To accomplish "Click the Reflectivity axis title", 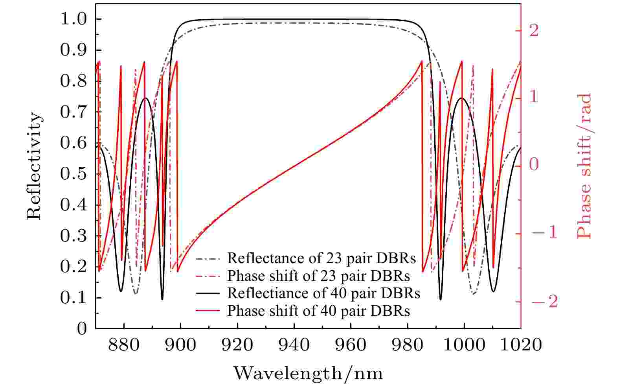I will coord(34,166).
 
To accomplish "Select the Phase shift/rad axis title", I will coord(584,166).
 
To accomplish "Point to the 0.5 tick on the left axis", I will coord(75,174).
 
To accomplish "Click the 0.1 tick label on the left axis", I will coord(75,298).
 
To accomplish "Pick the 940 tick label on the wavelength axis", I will coord(294,345).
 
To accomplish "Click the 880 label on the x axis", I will coord(124,345).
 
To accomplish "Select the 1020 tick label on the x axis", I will coord(520,345).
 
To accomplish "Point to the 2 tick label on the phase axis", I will coord(534,30).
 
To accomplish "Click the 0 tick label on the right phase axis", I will coord(534,166).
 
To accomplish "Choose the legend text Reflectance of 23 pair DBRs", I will coord(321,258).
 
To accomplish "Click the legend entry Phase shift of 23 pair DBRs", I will coord(318,276).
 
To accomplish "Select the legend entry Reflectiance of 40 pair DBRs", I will coord(323,293).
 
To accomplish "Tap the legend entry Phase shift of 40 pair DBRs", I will coord(318,311).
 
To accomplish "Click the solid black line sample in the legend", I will coord(208,293).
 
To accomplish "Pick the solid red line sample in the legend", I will coord(208,311).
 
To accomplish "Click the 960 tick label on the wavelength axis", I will coord(351,345).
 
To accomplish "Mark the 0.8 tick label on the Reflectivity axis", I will coord(75,81).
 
